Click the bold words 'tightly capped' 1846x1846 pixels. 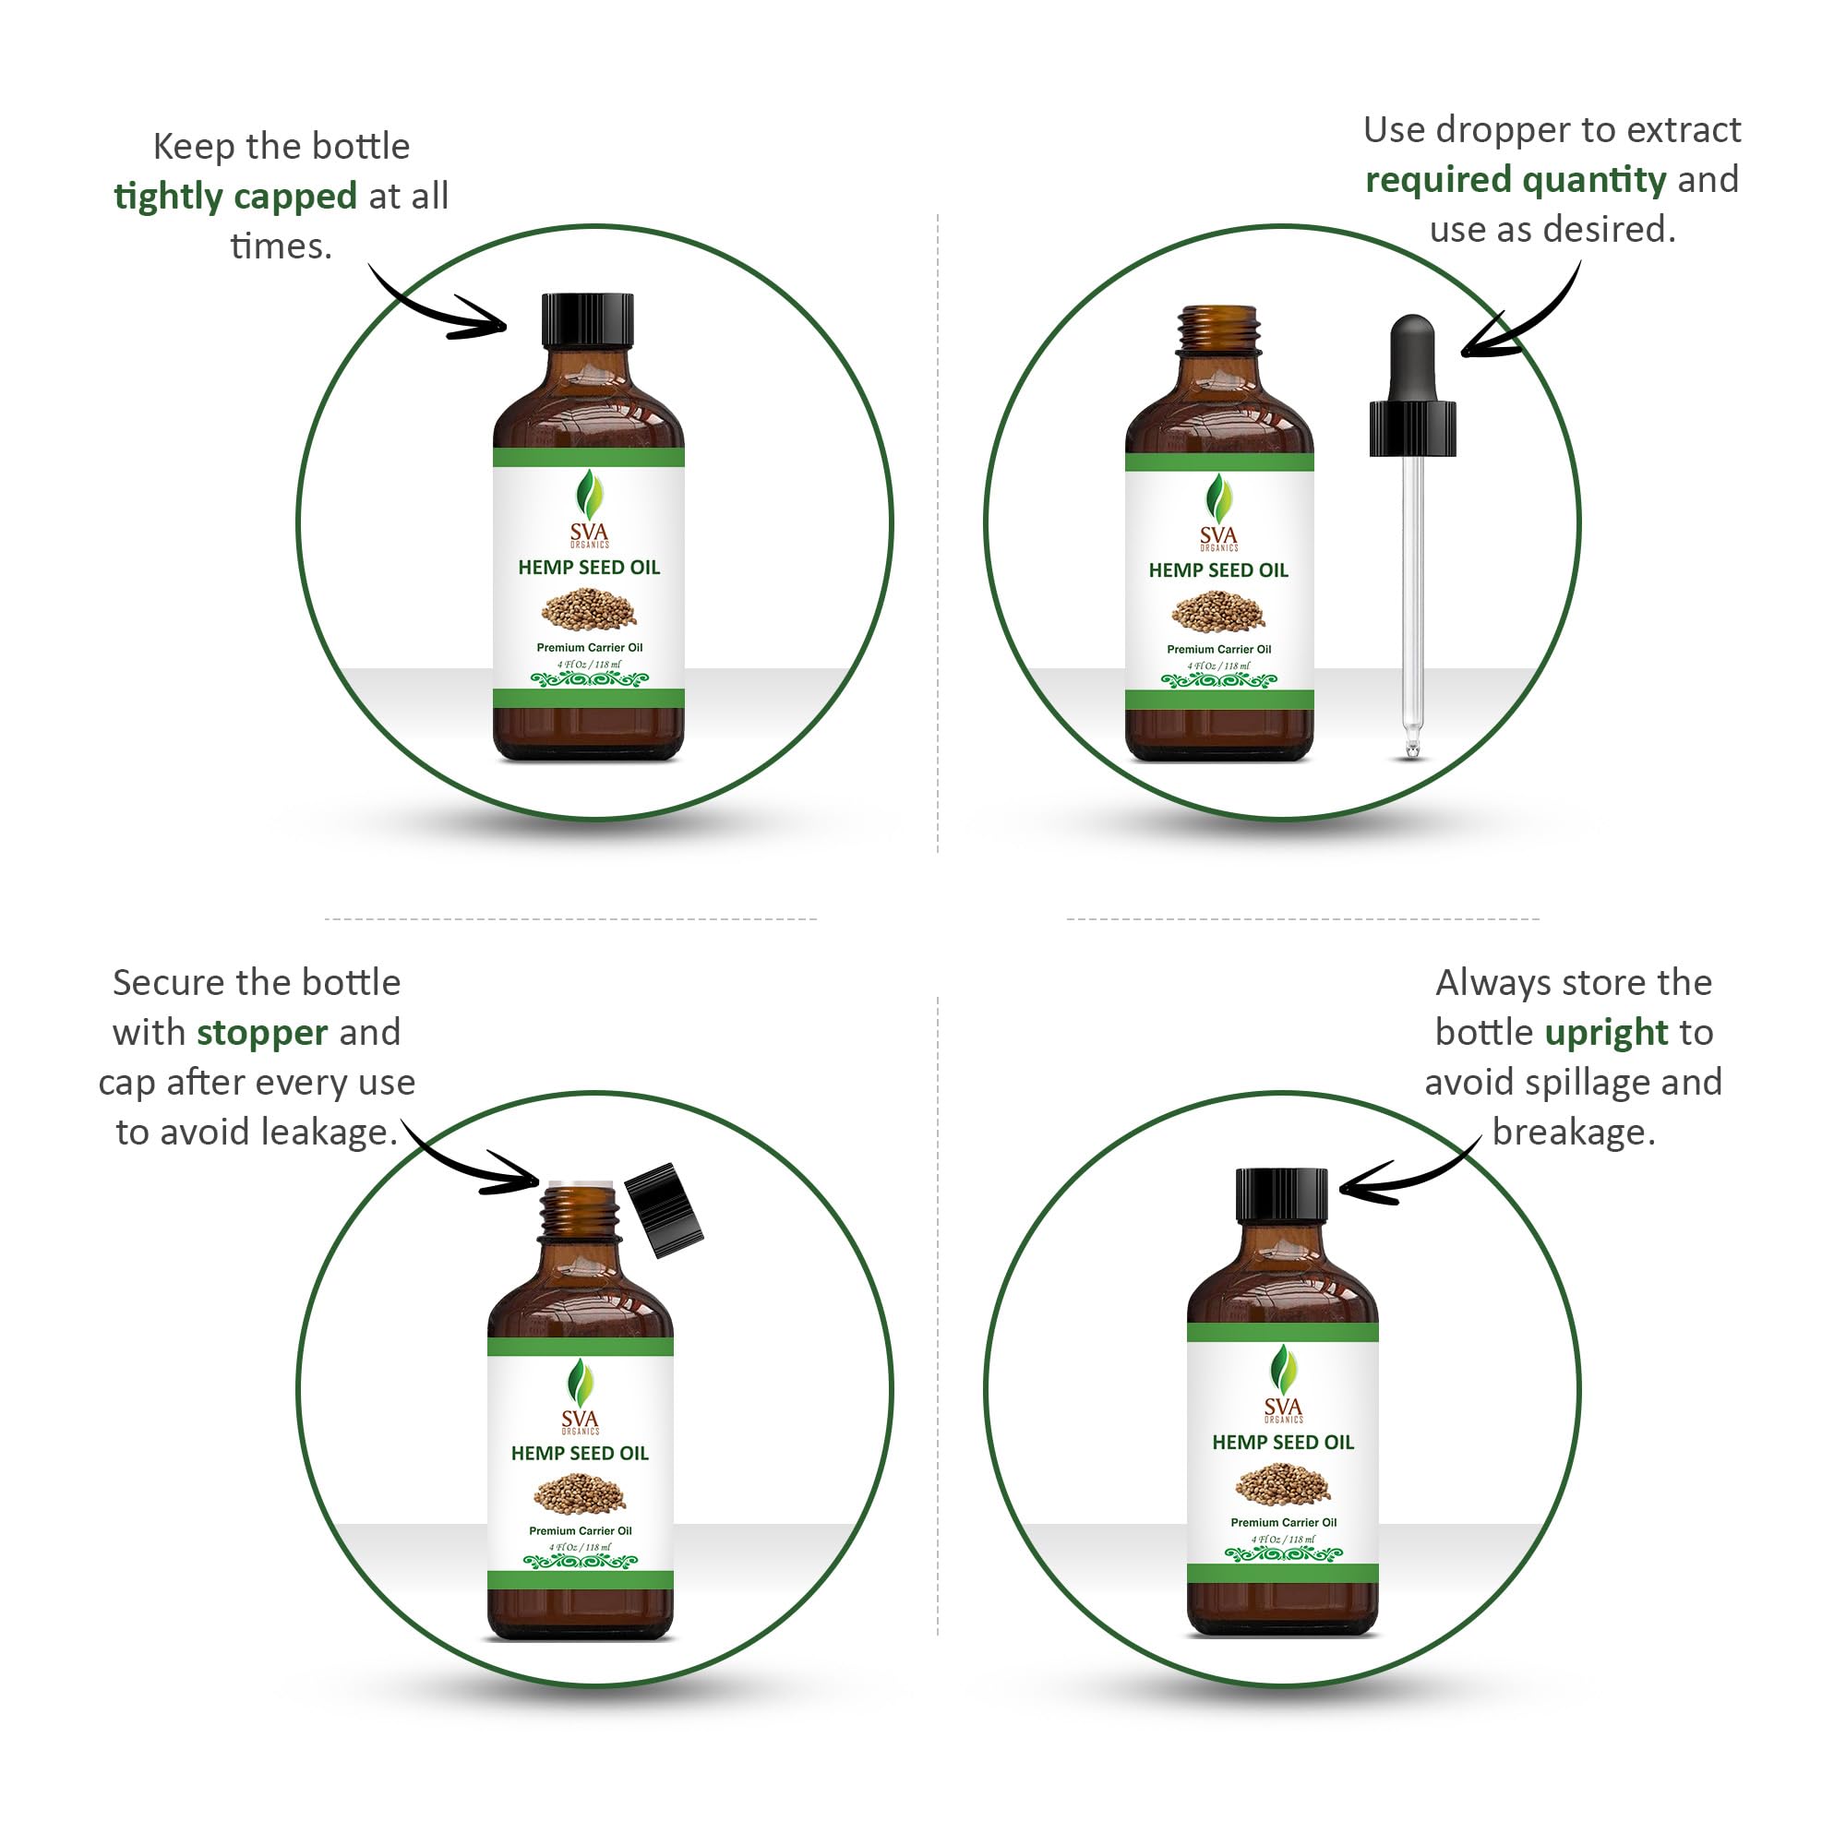coord(235,196)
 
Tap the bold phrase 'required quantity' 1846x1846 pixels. coord(1515,180)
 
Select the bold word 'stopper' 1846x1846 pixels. coord(262,1033)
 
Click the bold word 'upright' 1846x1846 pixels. coord(1606,1033)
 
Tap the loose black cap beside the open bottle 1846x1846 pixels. coord(664,1210)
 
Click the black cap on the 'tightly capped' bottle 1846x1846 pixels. coord(588,320)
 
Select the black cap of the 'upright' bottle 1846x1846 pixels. coord(1281,1195)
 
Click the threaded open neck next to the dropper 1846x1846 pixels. coord(1218,330)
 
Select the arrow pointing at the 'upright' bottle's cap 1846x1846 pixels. coord(1405,1178)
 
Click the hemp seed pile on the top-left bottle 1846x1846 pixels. coord(589,608)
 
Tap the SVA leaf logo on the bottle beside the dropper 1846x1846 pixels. coord(1218,498)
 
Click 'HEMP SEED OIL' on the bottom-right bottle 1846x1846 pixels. coord(1282,1443)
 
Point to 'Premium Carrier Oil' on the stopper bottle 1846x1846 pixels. coord(580,1530)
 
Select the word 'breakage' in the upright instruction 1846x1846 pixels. coord(1573,1133)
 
